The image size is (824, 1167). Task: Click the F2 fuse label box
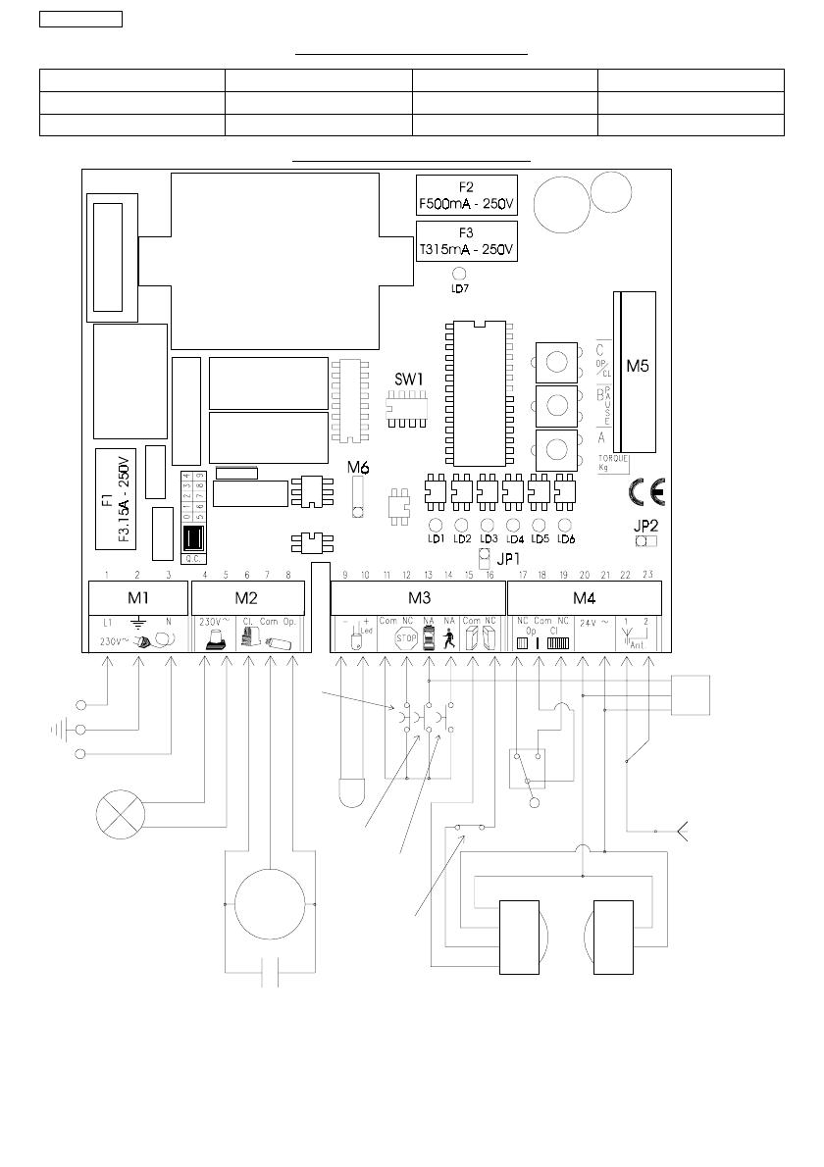pyautogui.click(x=466, y=194)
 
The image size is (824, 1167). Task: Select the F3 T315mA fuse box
pyautogui.click(x=466, y=241)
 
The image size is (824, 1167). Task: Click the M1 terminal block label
pyautogui.click(x=136, y=598)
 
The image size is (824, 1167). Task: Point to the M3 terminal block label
pyautogui.click(x=419, y=598)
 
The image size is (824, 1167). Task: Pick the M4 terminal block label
pyautogui.click(x=584, y=598)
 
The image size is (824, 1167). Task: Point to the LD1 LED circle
pyautogui.click(x=436, y=525)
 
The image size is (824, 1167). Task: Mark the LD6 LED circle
pyautogui.click(x=565, y=525)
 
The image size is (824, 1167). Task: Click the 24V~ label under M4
pyautogui.click(x=593, y=622)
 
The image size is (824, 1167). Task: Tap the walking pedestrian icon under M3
pyautogui.click(x=449, y=639)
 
